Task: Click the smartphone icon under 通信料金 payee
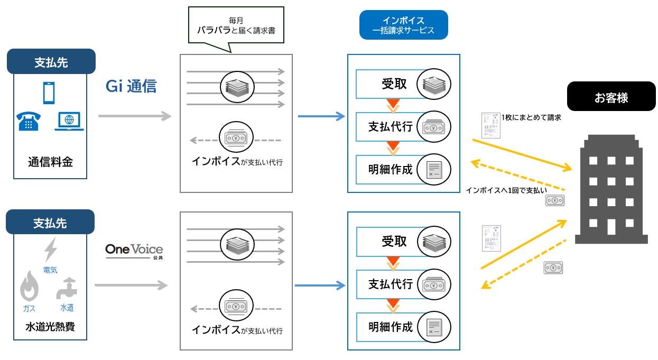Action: point(49,93)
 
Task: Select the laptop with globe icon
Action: point(69,122)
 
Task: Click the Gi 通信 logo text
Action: point(131,86)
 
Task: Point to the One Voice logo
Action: point(134,250)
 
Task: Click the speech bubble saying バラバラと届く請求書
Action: point(236,26)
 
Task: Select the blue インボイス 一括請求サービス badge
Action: point(403,25)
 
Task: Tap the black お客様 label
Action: point(611,96)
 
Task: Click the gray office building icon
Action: point(611,189)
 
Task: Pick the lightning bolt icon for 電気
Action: point(51,250)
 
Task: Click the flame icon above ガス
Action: point(29,288)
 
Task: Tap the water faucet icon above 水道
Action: point(67,288)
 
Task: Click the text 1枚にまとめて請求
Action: point(531,118)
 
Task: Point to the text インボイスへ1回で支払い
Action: point(506,190)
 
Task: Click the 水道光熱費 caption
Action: point(50,326)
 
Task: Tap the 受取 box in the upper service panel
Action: point(394,84)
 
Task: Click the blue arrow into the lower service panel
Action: point(319,285)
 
